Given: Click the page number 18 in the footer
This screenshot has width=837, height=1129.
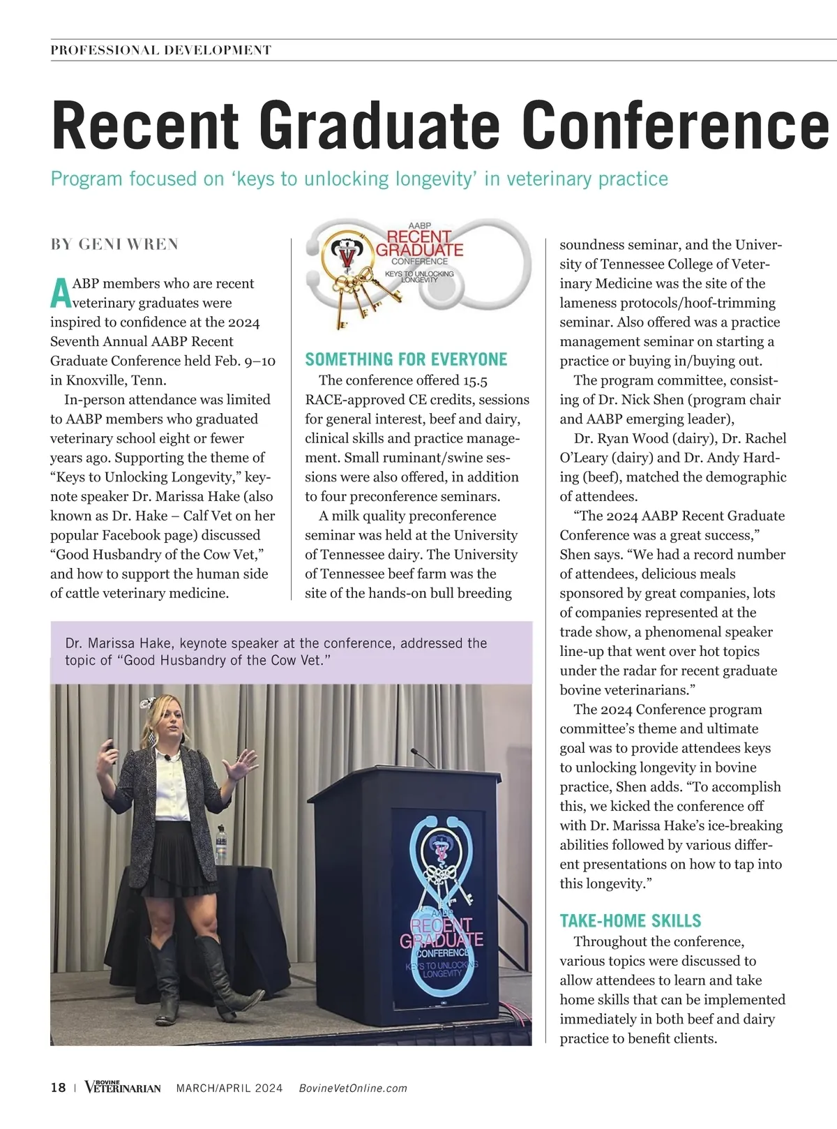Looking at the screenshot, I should pos(58,1088).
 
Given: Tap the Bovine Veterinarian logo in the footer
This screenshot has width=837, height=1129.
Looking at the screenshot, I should pos(123,1087).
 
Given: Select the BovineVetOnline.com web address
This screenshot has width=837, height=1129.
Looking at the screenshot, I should pos(353,1088).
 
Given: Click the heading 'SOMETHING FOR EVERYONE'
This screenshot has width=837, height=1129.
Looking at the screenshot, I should pos(406,359).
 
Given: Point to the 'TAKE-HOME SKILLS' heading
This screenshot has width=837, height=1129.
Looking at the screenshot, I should pos(631,921).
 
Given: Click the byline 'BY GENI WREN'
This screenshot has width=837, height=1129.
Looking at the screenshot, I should pos(114,244).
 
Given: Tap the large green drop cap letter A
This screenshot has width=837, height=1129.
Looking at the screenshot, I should pos(61,294).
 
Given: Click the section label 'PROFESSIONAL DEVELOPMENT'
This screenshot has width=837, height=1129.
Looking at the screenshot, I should pos(161,50).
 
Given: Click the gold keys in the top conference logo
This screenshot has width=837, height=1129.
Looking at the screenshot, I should pos(356,293).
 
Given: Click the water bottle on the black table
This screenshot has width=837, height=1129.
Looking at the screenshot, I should pos(221,844).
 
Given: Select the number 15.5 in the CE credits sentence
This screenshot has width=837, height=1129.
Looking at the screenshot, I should pos(475,380).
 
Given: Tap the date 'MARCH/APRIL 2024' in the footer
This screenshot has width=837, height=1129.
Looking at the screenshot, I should pos(229,1088).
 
